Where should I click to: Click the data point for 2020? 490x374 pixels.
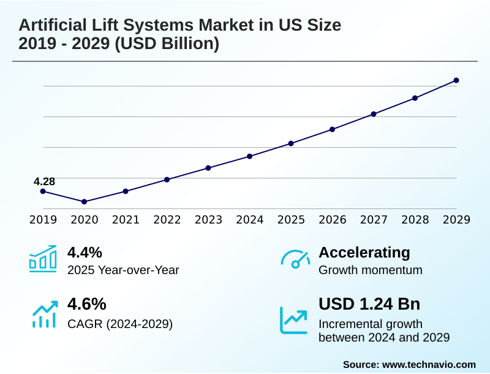tap(85, 202)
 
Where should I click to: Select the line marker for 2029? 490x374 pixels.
tap(456, 80)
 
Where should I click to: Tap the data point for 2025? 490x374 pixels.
tap(291, 143)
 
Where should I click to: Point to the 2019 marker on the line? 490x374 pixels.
tap(43, 191)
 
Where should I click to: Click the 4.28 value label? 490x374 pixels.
tap(44, 181)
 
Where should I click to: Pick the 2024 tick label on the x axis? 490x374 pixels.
tap(250, 220)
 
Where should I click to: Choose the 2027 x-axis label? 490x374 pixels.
tap(374, 220)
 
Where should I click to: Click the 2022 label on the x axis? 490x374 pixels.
tap(167, 220)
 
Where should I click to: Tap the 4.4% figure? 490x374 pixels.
tap(85, 253)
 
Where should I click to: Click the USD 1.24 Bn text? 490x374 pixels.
tap(369, 304)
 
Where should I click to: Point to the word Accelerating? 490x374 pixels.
tap(364, 253)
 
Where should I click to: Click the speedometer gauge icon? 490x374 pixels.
tap(295, 259)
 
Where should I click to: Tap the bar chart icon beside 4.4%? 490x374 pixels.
tap(43, 259)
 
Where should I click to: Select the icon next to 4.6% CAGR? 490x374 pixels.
tap(44, 314)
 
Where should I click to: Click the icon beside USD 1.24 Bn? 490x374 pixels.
tap(294, 320)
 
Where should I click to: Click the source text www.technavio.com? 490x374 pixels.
tap(429, 364)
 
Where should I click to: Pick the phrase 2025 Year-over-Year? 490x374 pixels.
tap(123, 270)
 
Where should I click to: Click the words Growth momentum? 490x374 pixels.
tap(371, 270)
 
